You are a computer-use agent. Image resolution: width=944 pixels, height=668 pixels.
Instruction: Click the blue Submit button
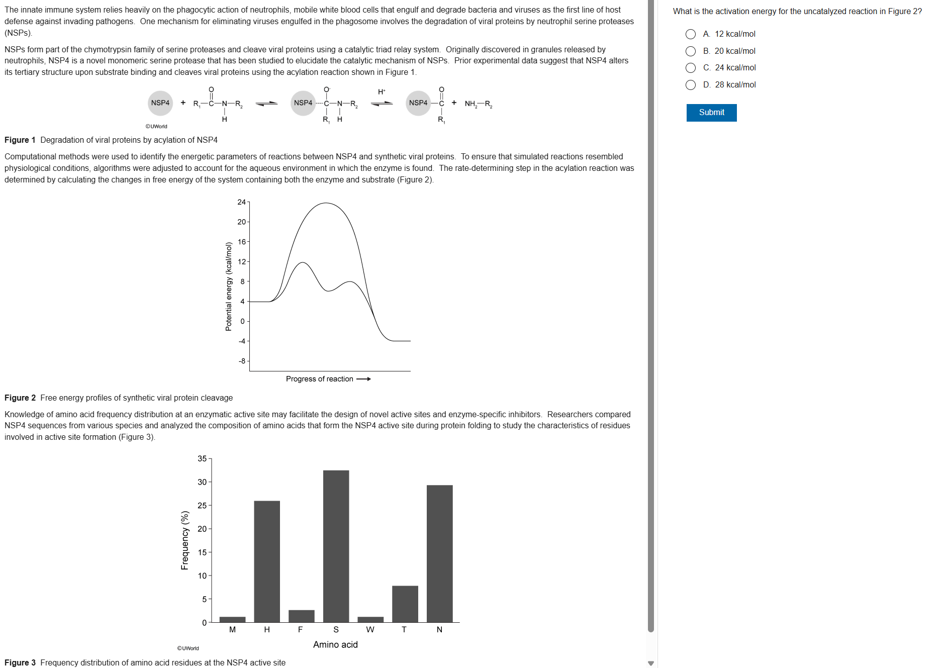point(711,113)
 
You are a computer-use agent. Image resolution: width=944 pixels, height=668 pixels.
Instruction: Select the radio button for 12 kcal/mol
point(691,34)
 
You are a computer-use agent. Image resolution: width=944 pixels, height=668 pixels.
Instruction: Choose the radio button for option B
point(691,51)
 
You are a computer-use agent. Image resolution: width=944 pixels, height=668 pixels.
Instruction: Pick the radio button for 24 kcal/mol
point(691,68)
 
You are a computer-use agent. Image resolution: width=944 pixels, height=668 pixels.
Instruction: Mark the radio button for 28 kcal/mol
point(691,85)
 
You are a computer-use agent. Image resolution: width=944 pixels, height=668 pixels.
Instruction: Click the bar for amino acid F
point(301,616)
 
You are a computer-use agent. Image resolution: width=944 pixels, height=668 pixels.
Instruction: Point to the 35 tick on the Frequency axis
point(202,458)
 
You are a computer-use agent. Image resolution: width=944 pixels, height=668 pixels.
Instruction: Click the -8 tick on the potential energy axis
point(242,361)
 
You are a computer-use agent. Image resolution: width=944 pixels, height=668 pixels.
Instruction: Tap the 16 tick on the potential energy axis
point(242,242)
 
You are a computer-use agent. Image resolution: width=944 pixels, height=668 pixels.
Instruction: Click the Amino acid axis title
point(335,644)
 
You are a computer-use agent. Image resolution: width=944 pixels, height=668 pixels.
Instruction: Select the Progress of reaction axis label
point(320,379)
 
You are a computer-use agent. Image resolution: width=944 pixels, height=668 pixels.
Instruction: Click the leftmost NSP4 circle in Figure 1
point(160,103)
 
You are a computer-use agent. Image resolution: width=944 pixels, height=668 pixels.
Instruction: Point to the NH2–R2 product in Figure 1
point(478,104)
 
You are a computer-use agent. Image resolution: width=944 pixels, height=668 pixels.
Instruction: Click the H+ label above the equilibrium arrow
point(382,91)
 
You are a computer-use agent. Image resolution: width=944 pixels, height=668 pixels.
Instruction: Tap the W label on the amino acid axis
point(370,629)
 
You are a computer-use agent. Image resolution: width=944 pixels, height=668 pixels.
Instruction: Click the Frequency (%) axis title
point(185,540)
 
